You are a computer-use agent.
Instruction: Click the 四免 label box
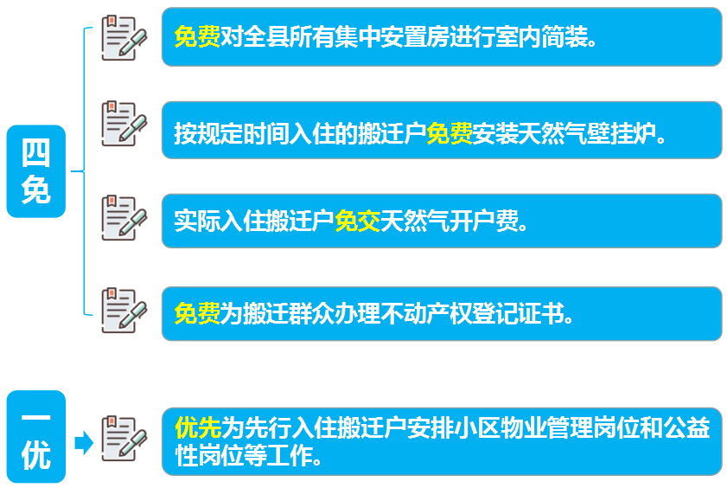36,171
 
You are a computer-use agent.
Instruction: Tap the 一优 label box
36,436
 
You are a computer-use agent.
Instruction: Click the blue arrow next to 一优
84,442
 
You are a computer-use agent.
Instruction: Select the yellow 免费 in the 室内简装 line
197,36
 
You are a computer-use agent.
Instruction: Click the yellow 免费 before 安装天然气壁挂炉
449,133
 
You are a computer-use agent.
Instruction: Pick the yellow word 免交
357,221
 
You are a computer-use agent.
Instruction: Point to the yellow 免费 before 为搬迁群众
197,313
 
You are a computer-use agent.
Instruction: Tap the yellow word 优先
198,427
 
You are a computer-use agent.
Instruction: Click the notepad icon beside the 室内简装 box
124,37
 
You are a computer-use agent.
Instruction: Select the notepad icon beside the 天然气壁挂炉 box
124,124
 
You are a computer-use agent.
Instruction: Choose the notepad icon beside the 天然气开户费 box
124,217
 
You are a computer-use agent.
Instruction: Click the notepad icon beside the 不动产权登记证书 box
124,310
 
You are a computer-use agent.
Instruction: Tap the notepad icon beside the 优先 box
124,439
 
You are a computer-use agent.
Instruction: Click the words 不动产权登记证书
472,313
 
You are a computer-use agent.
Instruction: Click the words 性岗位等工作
244,455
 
